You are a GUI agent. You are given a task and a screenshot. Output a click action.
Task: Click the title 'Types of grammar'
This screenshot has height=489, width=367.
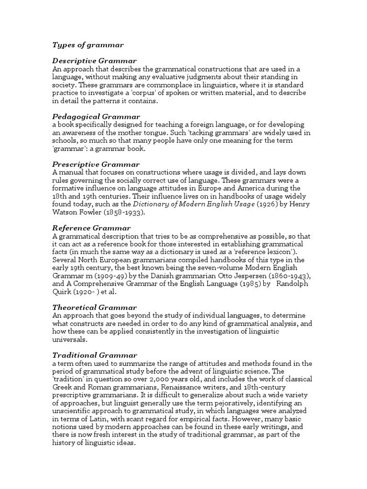click(87, 45)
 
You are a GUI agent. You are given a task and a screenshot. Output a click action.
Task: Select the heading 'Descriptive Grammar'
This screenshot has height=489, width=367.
click(94, 61)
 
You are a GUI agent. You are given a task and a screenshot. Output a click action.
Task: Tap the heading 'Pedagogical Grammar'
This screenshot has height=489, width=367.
click(96, 116)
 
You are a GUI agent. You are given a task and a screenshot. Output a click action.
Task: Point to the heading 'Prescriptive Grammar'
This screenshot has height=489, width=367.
click(96, 164)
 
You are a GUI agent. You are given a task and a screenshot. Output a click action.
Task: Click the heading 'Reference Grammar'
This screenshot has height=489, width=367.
click(91, 228)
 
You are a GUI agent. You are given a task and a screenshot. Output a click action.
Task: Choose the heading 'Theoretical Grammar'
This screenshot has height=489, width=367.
click(94, 308)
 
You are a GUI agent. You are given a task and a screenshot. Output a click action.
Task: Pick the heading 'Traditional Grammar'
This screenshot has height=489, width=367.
click(94, 355)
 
